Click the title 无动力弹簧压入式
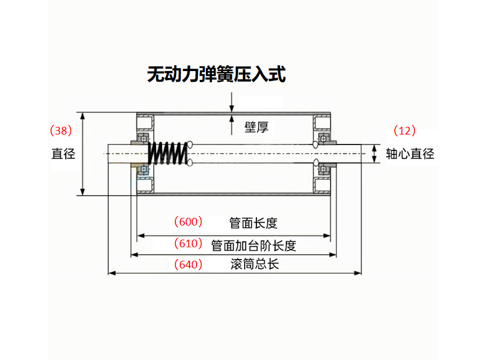[216, 75]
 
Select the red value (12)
[404, 130]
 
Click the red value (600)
[188, 221]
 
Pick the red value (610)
[188, 243]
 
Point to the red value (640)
[188, 264]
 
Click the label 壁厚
[256, 127]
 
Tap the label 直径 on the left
[63, 154]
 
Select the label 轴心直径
[410, 154]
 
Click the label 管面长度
[253, 223]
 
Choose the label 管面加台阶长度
[253, 245]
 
